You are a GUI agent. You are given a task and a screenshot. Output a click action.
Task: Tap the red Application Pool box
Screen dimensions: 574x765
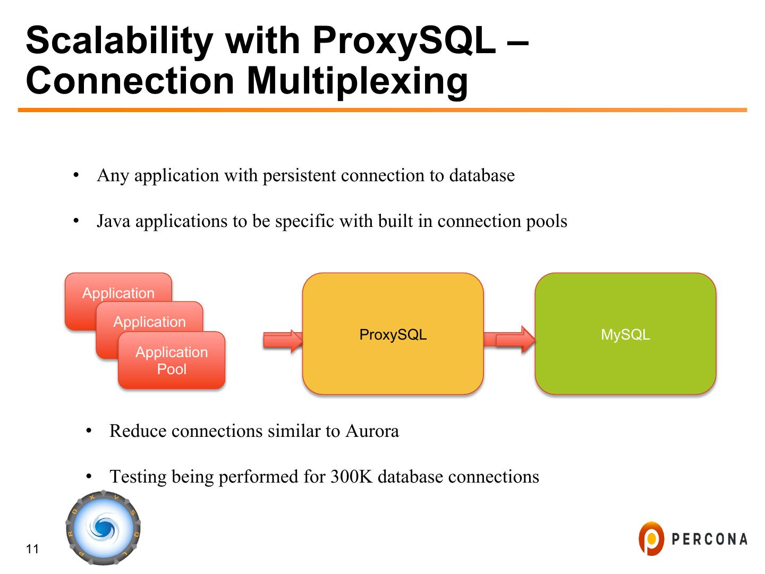pos(172,361)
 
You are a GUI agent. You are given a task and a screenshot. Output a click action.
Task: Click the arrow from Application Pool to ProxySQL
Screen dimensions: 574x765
pos(282,340)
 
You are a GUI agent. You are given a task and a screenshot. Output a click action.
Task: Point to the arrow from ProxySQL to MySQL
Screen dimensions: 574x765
pos(509,339)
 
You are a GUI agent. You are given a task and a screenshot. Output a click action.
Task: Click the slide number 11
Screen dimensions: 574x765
pos(32,549)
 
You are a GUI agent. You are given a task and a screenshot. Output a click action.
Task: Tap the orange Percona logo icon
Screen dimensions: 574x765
pos(651,538)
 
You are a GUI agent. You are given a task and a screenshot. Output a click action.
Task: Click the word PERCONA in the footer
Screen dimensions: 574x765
pos(709,539)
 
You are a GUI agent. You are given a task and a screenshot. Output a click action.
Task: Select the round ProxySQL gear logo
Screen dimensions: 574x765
pos(104,528)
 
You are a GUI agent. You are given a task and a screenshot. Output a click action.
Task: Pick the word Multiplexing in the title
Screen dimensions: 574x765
pos(358,81)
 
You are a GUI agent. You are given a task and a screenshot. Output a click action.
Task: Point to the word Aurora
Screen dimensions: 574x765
pos(372,430)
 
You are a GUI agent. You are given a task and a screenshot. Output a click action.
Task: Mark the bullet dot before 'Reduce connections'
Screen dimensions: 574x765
pos(89,430)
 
